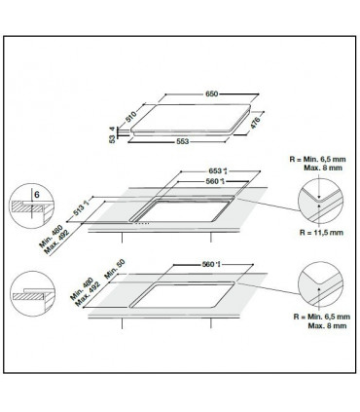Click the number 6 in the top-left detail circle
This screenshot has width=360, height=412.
[37, 195]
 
